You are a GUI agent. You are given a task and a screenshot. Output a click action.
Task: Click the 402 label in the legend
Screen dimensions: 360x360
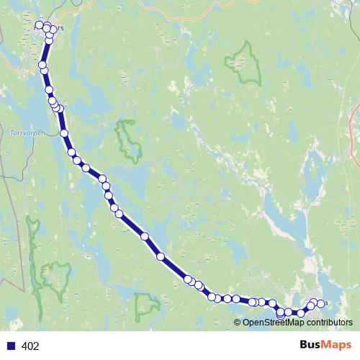[x=30, y=346]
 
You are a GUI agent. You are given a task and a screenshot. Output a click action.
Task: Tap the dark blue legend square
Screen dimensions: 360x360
[x=11, y=346]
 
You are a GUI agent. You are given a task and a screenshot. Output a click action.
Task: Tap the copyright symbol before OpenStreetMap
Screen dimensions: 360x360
[x=237, y=323]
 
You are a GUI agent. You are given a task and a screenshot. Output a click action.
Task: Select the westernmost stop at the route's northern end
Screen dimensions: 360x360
[x=40, y=25]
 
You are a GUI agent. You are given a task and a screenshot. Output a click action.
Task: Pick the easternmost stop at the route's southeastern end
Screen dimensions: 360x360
[x=321, y=303]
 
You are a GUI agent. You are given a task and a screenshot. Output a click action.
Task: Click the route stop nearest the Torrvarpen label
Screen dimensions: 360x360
[x=64, y=133]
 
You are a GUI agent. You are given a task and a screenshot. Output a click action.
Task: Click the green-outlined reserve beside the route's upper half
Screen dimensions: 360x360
[x=129, y=140]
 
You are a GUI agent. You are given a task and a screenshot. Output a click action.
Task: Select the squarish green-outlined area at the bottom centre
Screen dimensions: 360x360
[x=146, y=306]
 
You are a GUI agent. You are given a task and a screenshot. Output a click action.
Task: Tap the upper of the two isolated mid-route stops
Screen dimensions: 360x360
[x=145, y=236]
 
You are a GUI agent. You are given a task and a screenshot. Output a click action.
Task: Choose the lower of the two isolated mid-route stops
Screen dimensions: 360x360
[x=161, y=256]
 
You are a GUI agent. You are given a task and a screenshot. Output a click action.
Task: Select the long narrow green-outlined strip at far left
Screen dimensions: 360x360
[x=32, y=245]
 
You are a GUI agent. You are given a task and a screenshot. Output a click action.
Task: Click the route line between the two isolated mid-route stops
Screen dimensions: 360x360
[x=153, y=246]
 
